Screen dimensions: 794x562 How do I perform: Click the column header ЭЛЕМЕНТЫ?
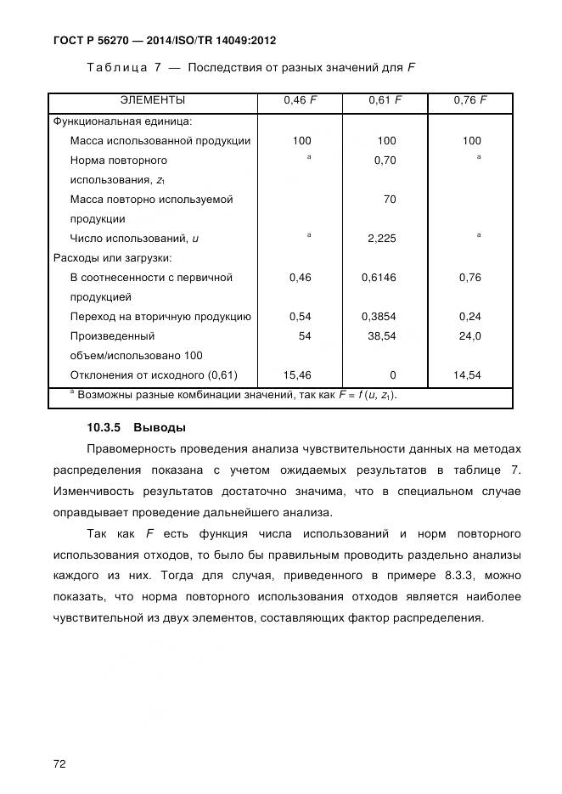pyautogui.click(x=153, y=101)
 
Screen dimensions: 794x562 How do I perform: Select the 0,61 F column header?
pyautogui.click(x=385, y=101)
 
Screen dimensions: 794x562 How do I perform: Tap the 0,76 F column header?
pyautogui.click(x=469, y=101)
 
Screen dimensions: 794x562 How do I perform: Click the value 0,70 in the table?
pyautogui.click(x=385, y=160)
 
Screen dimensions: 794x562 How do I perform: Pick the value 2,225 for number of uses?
pyautogui.click(x=382, y=239)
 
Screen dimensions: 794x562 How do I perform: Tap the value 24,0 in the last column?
pyautogui.click(x=469, y=336)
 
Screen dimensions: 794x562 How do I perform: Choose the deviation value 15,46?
pyautogui.click(x=296, y=375)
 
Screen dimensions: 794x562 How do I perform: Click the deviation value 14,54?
pyautogui.click(x=467, y=375)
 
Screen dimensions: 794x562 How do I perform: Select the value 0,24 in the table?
pyautogui.click(x=469, y=317)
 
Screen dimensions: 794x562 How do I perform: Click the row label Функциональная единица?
pyautogui.click(x=122, y=121)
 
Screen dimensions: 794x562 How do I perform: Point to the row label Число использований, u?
pyautogui.click(x=134, y=239)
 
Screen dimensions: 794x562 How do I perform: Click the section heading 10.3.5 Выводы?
pyautogui.click(x=136, y=427)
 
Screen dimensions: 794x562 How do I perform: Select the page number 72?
pyautogui.click(x=59, y=741)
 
